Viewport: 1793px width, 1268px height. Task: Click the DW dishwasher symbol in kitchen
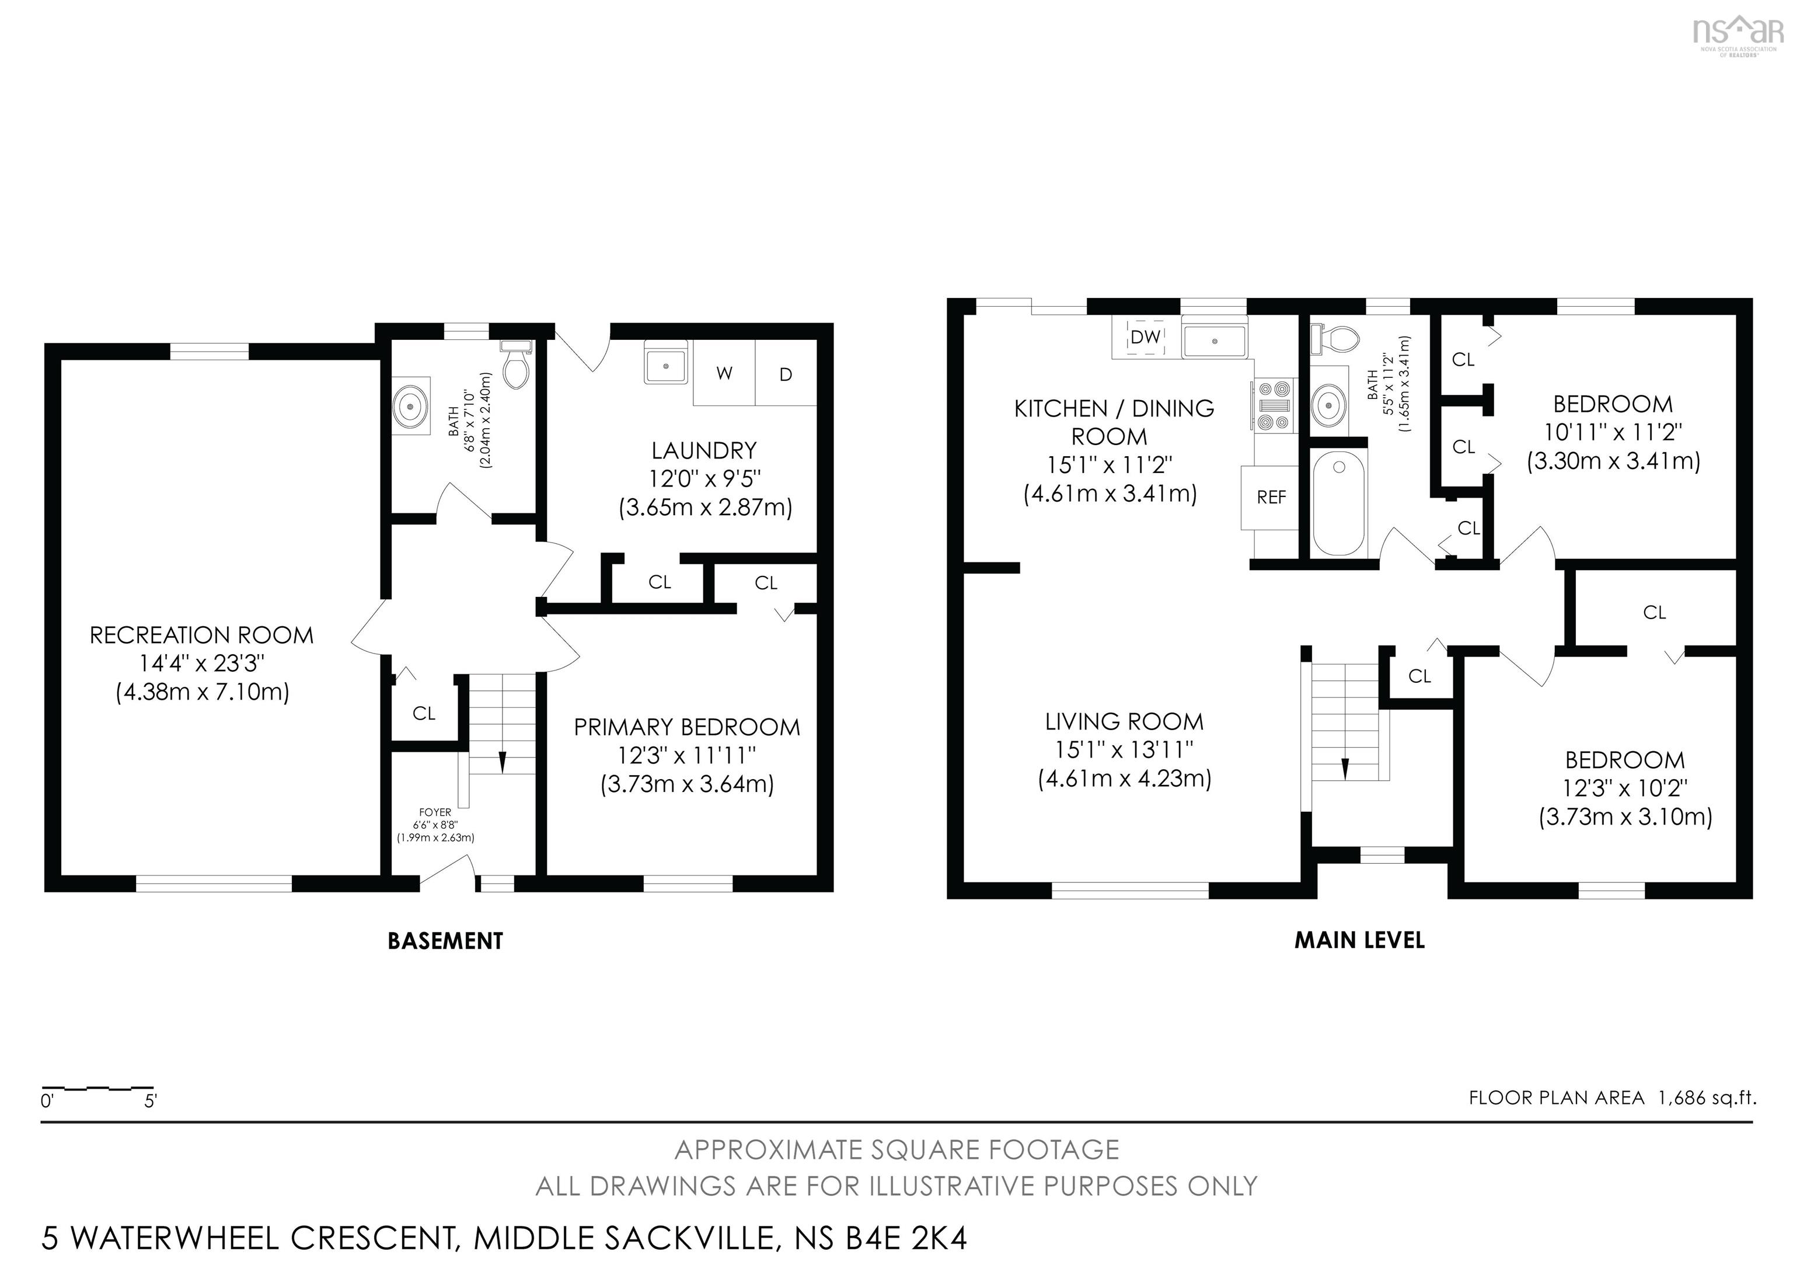[1146, 337]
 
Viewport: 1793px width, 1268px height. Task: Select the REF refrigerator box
[1271, 497]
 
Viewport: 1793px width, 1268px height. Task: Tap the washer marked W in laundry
[724, 373]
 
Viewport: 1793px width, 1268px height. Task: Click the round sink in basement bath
[411, 407]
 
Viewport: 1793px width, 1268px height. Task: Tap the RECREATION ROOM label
[201, 635]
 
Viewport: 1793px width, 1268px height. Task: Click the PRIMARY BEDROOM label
[686, 727]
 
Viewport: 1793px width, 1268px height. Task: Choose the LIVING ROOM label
[1124, 721]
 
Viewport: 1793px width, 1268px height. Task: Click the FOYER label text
[435, 812]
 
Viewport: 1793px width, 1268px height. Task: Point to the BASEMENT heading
[445, 941]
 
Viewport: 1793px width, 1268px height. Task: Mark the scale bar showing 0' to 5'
[97, 1088]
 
